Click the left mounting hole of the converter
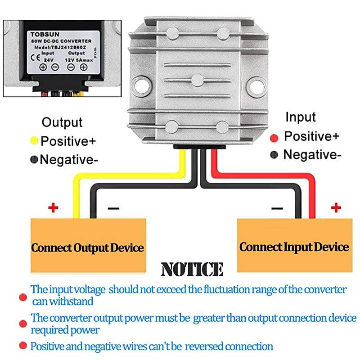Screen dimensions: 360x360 pyautogui.click(x=144, y=84)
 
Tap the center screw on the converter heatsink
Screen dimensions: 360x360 pyautogui.click(x=198, y=80)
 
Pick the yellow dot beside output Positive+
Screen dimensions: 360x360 pyautogui.click(x=34, y=141)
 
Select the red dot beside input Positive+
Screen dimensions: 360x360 pyautogui.click(x=274, y=137)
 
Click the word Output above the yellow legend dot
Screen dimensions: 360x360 pyautogui.click(x=62, y=122)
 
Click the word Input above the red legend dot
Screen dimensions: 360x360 pyautogui.click(x=301, y=117)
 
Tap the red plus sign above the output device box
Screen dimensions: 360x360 pyautogui.click(x=54, y=207)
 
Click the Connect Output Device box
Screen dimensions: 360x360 pyautogui.click(x=88, y=247)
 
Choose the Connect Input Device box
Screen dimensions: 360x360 pyautogui.click(x=294, y=247)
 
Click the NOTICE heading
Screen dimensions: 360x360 pyautogui.click(x=192, y=269)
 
